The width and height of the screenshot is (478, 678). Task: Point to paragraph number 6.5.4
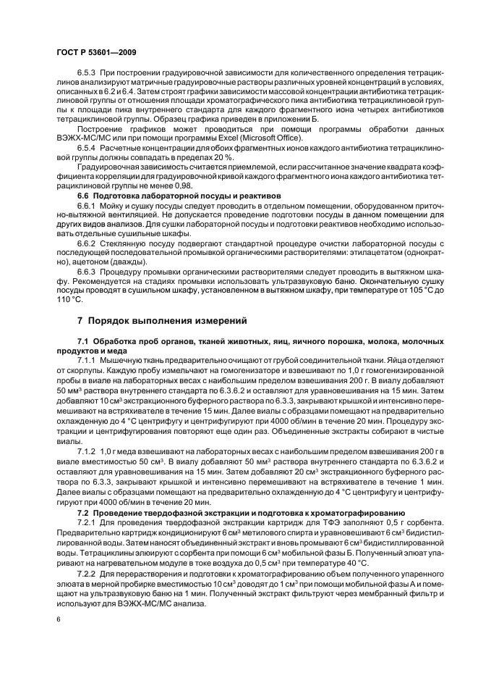pyautogui.click(x=87, y=148)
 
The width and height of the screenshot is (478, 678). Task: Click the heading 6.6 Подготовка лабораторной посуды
pyautogui.click(x=168, y=196)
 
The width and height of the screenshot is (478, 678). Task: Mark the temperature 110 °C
pyautogui.click(x=71, y=300)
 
